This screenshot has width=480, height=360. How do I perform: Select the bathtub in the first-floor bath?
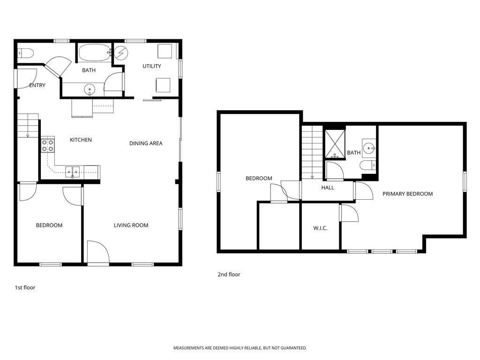[95, 52]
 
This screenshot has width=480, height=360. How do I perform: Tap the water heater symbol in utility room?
[120, 53]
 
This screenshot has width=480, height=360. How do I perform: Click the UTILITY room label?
[152, 66]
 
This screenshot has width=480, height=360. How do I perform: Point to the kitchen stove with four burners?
[47, 145]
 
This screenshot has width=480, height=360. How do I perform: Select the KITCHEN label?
[81, 140]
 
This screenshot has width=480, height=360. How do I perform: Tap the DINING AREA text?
[146, 143]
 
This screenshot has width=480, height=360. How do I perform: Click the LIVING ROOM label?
[131, 225]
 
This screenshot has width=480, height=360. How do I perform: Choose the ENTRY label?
[37, 85]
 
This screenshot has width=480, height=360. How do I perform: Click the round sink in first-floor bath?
[89, 89]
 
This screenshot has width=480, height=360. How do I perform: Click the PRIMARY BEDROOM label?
[407, 194]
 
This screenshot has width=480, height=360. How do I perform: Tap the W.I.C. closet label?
[320, 228]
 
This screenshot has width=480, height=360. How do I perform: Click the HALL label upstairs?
[328, 187]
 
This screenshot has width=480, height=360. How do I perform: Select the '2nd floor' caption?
[229, 275]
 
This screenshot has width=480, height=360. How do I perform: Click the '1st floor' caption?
[25, 287]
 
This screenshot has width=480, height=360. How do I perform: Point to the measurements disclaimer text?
[240, 348]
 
